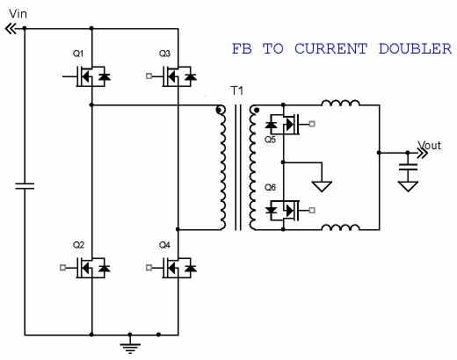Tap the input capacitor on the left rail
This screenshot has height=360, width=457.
tap(25, 185)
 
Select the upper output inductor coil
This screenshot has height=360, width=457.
tap(340, 104)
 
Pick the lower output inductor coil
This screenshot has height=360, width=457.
tap(340, 229)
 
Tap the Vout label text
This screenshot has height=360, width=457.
tap(429, 146)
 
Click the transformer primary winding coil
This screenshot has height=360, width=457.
tap(220, 167)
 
